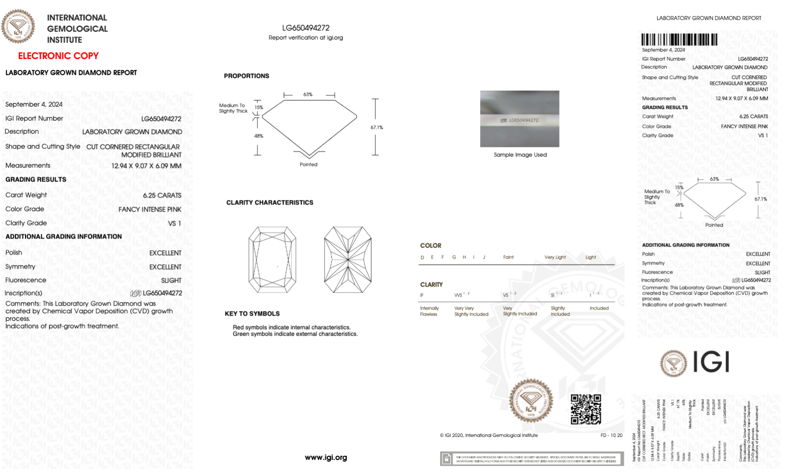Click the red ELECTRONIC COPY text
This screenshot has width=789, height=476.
pyautogui.click(x=58, y=56)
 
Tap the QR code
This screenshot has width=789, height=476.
pyautogui.click(x=586, y=409)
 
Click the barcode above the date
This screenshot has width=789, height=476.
pyautogui.click(x=679, y=40)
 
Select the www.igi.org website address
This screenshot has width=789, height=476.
pyautogui.click(x=325, y=457)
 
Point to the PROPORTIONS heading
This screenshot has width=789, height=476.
pyautogui.click(x=246, y=76)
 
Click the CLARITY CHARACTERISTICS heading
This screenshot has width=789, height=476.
pyautogui.click(x=269, y=202)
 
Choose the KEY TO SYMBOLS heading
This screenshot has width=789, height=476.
pyautogui.click(x=252, y=314)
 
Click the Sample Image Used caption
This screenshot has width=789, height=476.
pyautogui.click(x=520, y=155)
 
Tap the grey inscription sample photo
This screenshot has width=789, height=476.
pyautogui.click(x=519, y=119)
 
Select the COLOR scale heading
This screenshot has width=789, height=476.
pyautogui.click(x=431, y=246)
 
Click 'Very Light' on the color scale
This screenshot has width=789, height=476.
pyautogui.click(x=555, y=258)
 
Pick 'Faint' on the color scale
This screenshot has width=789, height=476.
pyautogui.click(x=508, y=258)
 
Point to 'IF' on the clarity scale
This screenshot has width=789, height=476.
pyautogui.click(x=422, y=295)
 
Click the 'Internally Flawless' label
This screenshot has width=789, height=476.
pyautogui.click(x=429, y=311)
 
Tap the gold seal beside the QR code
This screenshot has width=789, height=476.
pyautogui.click(x=531, y=401)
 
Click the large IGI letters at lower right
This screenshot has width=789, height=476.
pyautogui.click(x=711, y=362)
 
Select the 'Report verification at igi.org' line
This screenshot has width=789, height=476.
pyautogui.click(x=305, y=38)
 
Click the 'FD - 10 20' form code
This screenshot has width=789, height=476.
pyautogui.click(x=611, y=435)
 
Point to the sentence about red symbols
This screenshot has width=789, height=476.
pyautogui.click(x=291, y=327)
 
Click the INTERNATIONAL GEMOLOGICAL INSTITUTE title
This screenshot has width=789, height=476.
pyautogui.click(x=77, y=29)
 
